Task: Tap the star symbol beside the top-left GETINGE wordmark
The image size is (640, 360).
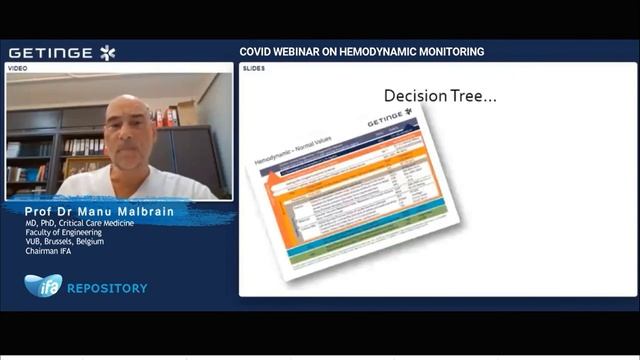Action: coord(107,52)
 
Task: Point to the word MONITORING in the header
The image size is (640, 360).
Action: coord(447,51)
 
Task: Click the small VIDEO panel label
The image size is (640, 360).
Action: coord(18,68)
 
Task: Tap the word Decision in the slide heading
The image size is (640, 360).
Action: coord(419,96)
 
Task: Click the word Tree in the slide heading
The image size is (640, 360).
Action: coord(476,96)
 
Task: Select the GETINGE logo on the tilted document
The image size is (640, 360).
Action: coord(389,121)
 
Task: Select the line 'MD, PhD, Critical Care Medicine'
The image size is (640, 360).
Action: coord(80,223)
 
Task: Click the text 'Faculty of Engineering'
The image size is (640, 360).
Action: coord(64,232)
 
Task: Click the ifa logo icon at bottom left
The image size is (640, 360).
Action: coord(42,286)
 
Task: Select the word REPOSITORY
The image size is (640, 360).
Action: coord(107,288)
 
